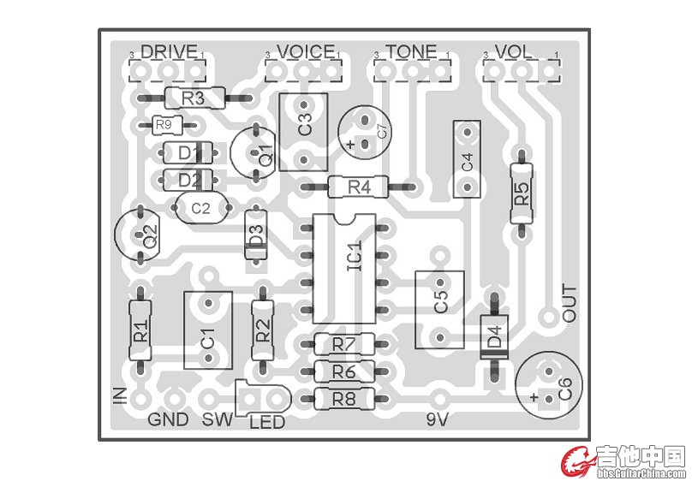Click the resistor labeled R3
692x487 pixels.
[193, 98]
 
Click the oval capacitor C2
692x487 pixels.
[201, 208]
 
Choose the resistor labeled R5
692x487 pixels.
[520, 193]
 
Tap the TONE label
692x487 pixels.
[411, 51]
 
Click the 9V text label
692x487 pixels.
[438, 419]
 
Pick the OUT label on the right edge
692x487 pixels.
[569, 304]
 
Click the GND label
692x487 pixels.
[169, 419]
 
